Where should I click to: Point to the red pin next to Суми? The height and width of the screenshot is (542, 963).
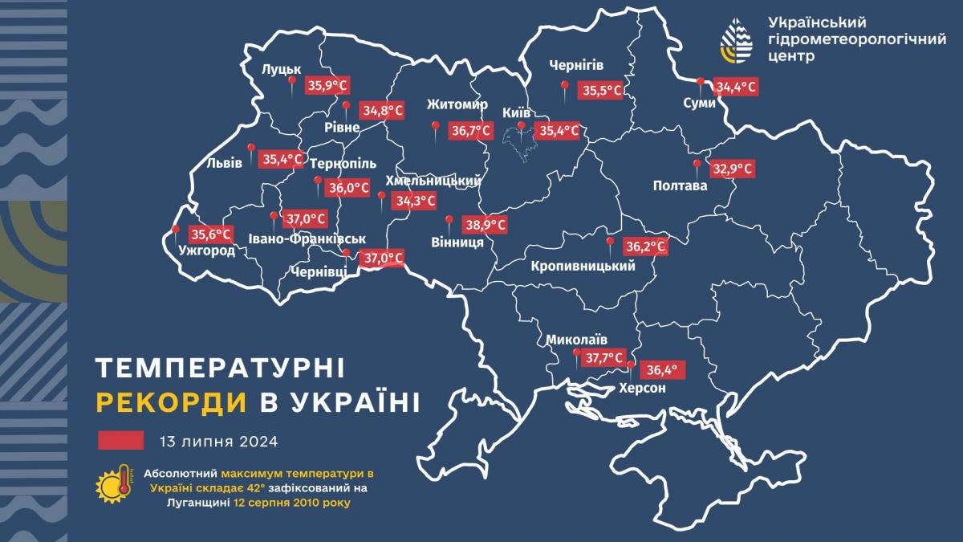701,82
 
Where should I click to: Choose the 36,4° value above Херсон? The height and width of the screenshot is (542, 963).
662,370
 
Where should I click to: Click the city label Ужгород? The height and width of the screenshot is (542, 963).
206,251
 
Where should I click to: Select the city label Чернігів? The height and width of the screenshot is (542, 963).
575,65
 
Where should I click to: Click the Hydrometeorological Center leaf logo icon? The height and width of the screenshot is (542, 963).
737,41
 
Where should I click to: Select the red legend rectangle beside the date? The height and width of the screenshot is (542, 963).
120,440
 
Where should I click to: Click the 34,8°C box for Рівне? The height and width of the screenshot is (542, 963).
383,110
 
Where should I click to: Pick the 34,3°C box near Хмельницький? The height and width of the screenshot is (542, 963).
413,202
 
